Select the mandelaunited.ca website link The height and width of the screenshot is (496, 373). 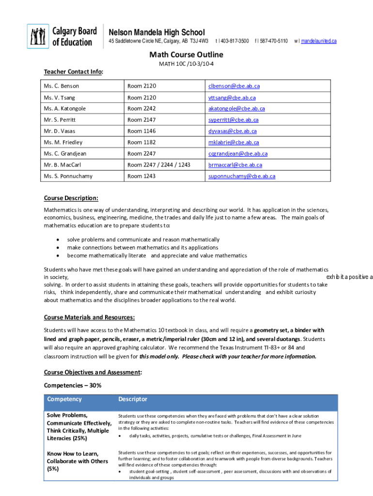319,41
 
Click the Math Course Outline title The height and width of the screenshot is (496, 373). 186,55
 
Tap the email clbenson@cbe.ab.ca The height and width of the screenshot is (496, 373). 234,86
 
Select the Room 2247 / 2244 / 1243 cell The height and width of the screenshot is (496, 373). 158,165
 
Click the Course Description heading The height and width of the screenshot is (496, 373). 71,198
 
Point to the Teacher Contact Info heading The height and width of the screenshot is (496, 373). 74,72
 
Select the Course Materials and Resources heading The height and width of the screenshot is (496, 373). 89,317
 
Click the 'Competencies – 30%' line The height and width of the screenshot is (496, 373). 73,385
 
